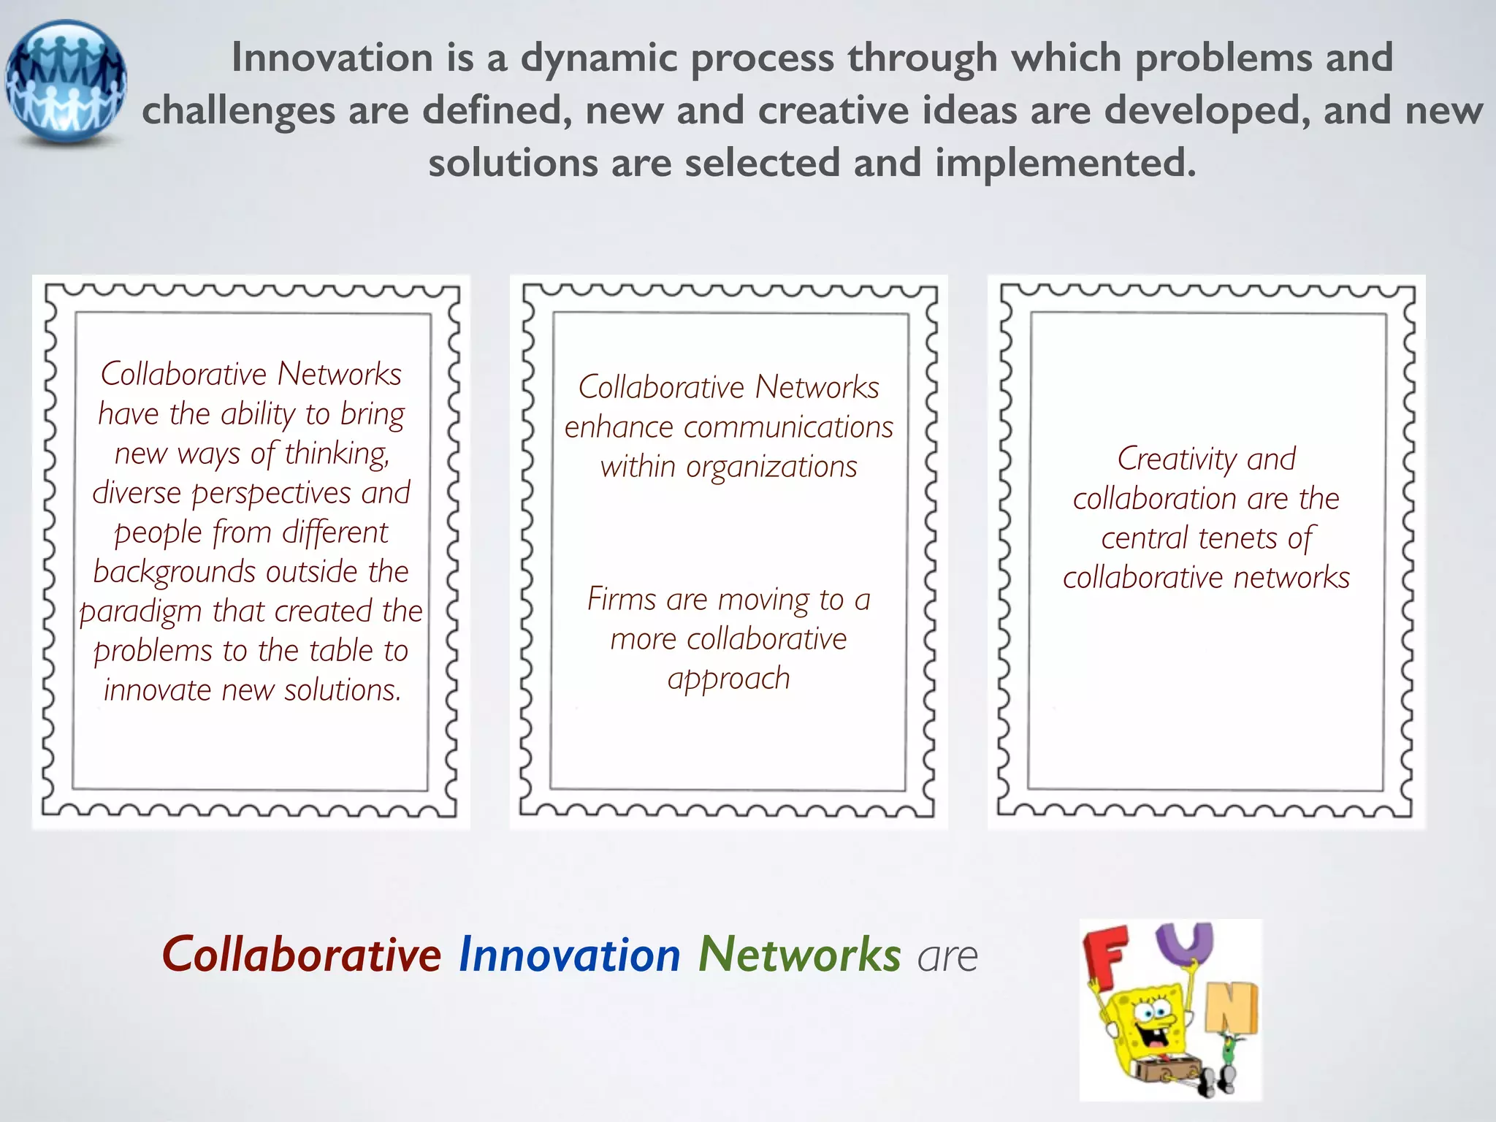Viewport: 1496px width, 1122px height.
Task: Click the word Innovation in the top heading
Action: pos(332,58)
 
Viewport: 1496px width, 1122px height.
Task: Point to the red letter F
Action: pos(1105,954)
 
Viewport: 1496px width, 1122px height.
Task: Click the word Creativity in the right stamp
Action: pos(1177,459)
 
